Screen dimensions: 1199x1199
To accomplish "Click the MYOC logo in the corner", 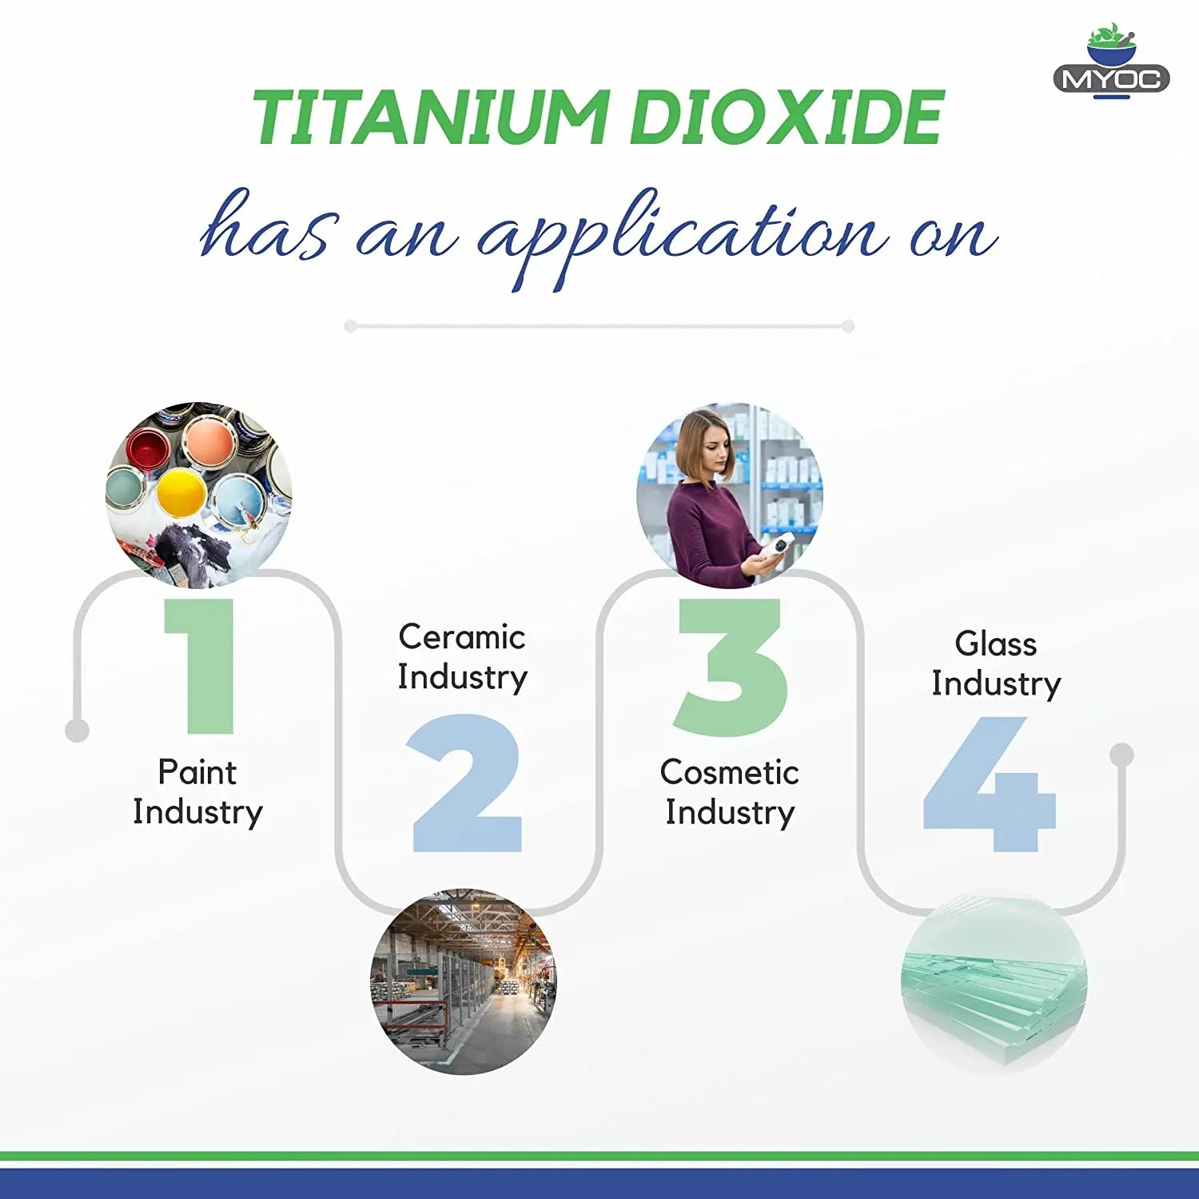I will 1111,64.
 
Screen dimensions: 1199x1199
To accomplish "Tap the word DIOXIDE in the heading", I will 787,118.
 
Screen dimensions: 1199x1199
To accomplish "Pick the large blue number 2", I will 466,783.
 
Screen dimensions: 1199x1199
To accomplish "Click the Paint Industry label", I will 197,792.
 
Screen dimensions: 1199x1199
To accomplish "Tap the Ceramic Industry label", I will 463,657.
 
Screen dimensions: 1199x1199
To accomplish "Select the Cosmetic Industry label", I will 729,792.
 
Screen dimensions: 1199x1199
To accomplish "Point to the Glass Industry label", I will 996,663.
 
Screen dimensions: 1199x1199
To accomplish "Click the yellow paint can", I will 181,492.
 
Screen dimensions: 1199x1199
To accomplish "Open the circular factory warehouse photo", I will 464,982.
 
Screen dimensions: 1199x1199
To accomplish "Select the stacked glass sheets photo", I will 994,983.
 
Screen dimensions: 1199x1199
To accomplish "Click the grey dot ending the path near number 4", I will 1122,754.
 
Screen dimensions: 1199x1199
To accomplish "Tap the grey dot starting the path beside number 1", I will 77,730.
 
